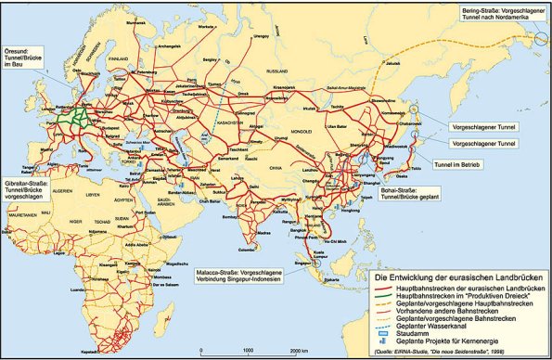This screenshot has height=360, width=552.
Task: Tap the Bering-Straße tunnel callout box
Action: [x=500, y=14]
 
